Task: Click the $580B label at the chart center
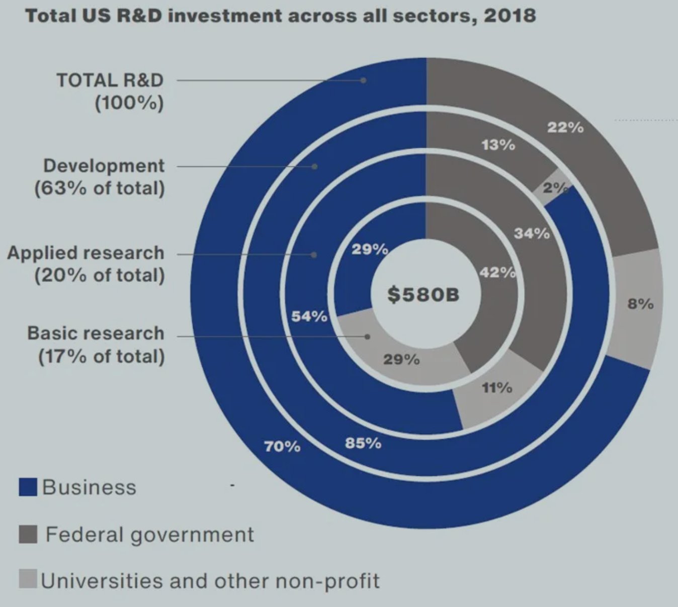tap(423, 294)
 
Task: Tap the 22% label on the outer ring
tap(565, 128)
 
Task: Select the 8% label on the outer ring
tap(640, 304)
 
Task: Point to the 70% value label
tap(282, 447)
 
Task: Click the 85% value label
tap(363, 444)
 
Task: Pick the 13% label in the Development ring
tap(498, 145)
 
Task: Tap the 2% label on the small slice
tap(555, 188)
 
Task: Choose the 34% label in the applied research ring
tap(532, 234)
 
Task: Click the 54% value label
tap(309, 316)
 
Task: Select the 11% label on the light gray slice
tap(497, 388)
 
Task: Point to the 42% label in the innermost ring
tap(497, 273)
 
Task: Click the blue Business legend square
tap(28, 487)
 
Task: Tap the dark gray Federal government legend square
tap(28, 534)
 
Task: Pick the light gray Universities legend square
tap(28, 579)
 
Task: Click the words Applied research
tap(86, 253)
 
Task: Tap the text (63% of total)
tap(100, 188)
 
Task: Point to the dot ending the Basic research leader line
tap(367, 337)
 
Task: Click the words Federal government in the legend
tap(149, 535)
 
